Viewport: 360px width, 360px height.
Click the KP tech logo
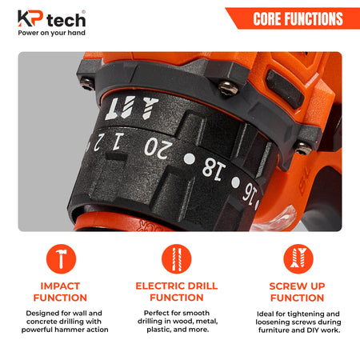51,18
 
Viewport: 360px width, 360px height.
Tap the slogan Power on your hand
51,33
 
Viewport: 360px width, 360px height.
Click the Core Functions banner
293,18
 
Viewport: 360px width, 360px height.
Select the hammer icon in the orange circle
61,259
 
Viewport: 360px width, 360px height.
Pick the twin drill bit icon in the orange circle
177,259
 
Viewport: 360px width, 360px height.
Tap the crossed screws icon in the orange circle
298,259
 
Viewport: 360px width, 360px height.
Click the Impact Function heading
60,292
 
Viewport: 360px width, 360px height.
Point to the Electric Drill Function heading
177,291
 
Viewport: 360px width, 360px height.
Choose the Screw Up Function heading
298,292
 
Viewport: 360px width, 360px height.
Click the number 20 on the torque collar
158,148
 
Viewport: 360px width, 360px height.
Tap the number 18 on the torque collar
214,169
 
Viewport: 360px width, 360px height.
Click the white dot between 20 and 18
190,159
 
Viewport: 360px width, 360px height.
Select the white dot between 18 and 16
235,182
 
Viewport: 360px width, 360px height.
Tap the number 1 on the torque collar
118,141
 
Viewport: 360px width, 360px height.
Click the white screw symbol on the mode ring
150,107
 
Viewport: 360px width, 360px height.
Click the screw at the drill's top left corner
87,84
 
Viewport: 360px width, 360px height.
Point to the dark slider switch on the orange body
285,89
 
